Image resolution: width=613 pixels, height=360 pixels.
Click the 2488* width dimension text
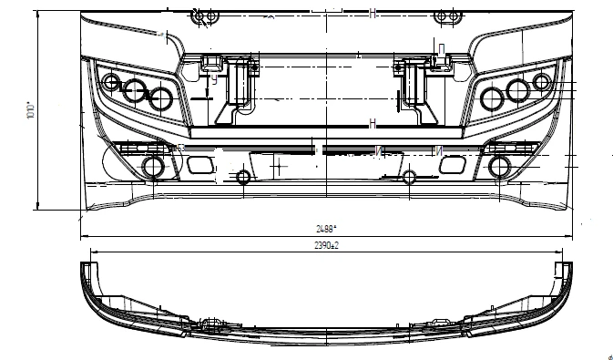(324, 228)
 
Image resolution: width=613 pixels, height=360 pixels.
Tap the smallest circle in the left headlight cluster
(111, 84)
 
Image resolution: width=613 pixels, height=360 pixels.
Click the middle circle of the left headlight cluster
(136, 90)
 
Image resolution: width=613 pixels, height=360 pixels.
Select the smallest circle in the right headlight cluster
(543, 83)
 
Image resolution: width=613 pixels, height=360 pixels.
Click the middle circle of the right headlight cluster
(518, 89)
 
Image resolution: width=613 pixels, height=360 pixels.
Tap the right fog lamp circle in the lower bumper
(500, 166)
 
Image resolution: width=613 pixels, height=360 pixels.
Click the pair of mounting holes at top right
(445, 16)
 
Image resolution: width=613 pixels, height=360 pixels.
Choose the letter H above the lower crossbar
(373, 123)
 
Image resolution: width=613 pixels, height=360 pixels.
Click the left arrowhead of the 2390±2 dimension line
(84, 251)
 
